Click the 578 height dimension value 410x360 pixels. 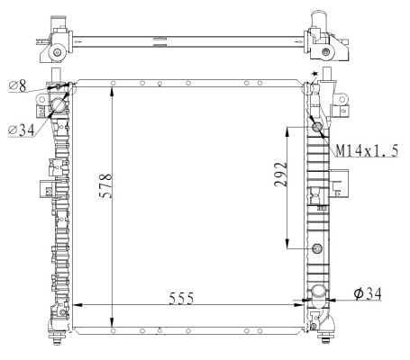105,185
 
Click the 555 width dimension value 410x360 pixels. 181,299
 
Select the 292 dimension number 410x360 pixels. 280,175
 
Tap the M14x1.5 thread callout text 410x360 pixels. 367,150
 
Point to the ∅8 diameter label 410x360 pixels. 18,85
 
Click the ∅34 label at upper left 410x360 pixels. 22,130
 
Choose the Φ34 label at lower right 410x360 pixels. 368,293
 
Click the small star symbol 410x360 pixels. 314,74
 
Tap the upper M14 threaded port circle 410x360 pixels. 317,128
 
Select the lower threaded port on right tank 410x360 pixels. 317,248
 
